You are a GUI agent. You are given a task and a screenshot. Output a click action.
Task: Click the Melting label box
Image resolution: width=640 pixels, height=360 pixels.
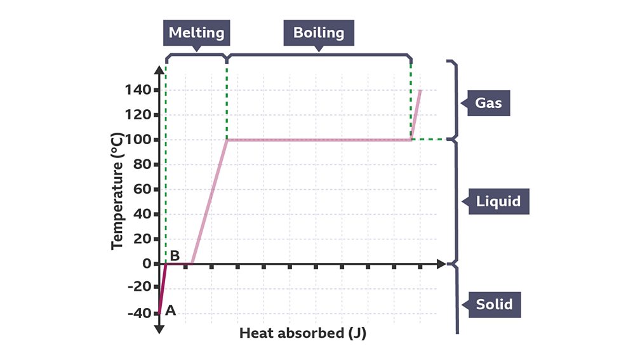[196, 32]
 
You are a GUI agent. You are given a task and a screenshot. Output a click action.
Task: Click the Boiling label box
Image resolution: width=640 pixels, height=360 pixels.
[319, 32]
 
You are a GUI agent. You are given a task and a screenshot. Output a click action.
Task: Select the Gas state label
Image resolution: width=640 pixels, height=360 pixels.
[489, 102]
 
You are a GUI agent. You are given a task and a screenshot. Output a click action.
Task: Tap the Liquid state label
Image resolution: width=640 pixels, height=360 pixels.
[498, 202]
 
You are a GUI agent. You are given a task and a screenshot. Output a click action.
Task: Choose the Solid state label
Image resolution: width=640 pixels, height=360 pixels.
[494, 305]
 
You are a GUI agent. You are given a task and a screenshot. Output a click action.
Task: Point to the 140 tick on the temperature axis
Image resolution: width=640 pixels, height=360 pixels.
[138, 90]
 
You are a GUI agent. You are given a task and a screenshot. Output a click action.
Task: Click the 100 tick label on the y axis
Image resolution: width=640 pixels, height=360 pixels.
[138, 140]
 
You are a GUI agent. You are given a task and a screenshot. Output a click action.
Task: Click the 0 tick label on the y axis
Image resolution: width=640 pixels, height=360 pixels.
[147, 263]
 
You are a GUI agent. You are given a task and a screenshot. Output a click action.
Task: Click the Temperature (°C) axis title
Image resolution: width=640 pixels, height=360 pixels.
[117, 190]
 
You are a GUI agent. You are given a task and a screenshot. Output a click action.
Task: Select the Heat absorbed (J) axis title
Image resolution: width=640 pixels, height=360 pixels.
[303, 333]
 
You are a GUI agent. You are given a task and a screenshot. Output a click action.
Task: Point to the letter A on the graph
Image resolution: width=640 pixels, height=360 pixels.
[170, 311]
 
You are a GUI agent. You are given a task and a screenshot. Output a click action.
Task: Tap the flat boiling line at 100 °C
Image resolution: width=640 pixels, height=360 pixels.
[317, 140]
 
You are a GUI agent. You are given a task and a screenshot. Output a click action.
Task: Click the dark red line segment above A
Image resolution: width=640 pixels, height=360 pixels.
[162, 289]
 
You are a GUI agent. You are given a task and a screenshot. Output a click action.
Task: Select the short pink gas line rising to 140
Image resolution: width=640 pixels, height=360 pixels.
[416, 114]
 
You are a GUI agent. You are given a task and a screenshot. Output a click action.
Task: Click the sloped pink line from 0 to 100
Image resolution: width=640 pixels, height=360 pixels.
[210, 202]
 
